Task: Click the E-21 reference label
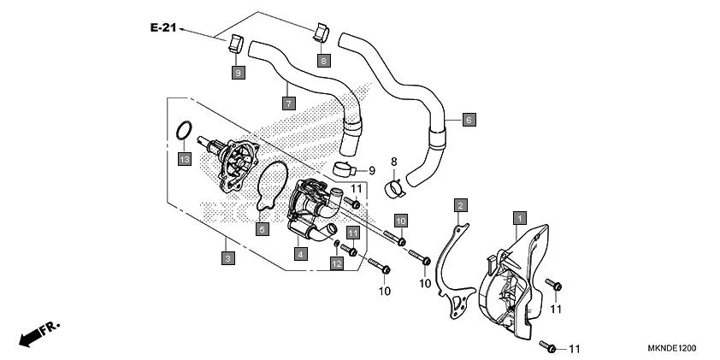point(162,28)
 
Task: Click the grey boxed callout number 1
point(518,219)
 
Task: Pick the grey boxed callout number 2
point(460,205)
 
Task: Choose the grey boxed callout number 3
point(227,257)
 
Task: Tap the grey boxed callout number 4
point(300,253)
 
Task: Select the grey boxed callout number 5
point(263,228)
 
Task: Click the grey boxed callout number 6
point(468,120)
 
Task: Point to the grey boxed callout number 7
point(289,103)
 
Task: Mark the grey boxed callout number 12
point(337,264)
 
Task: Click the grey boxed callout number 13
point(183,159)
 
